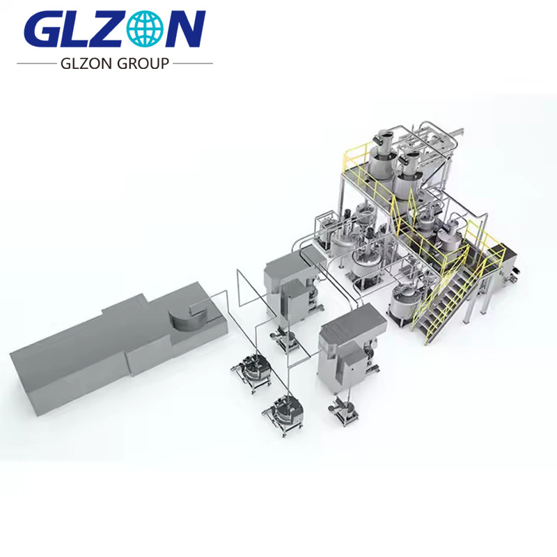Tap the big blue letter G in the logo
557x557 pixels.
[43, 30]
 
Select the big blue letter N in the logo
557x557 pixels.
[186, 30]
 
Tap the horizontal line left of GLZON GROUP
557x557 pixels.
[34, 63]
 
